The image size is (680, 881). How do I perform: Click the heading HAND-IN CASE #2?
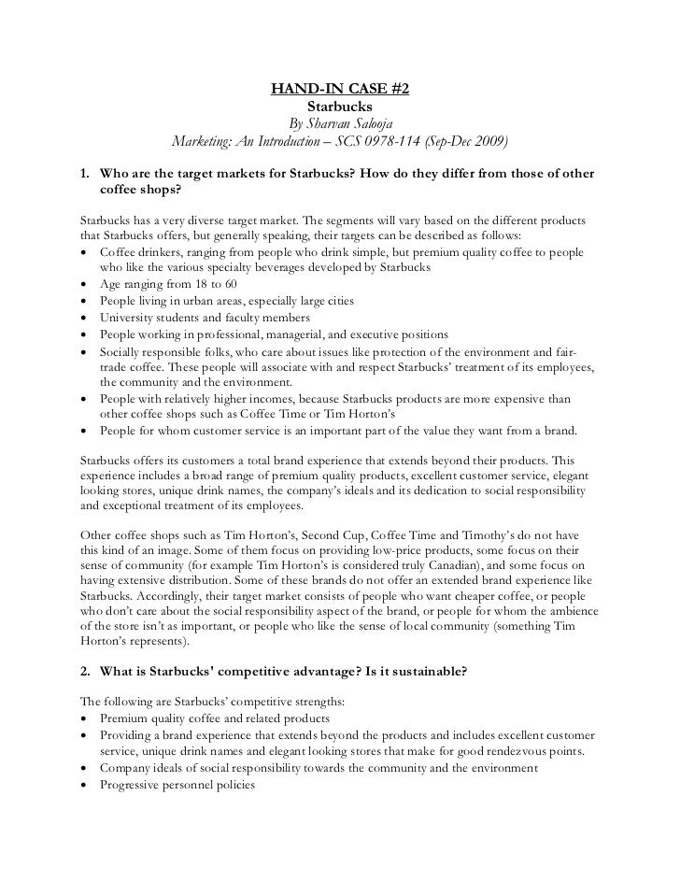pos(340,91)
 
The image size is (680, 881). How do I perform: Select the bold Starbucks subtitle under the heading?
pos(340,108)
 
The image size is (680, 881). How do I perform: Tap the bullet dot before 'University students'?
pos(85,319)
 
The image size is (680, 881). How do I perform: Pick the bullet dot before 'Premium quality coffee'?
pos(85,718)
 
